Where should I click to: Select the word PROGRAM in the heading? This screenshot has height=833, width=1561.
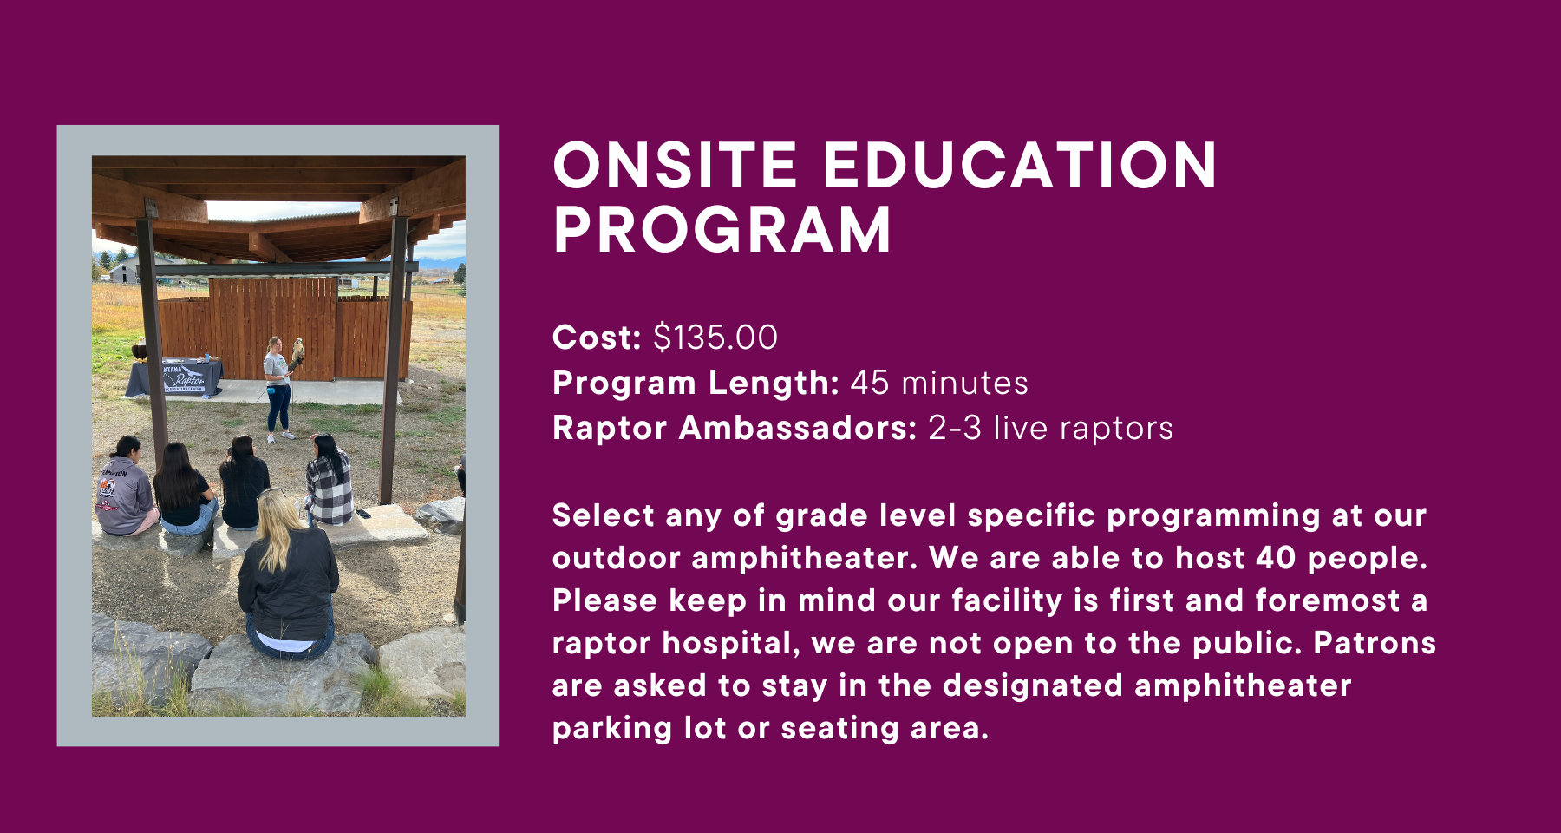pos(722,230)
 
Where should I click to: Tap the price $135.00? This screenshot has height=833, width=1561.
pos(715,338)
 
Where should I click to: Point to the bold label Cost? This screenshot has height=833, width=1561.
pos(597,338)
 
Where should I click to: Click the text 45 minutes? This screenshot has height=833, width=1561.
pos(939,383)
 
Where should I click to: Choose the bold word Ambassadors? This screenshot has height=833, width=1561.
pos(798,428)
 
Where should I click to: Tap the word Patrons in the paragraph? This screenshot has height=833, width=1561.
pos(1375,643)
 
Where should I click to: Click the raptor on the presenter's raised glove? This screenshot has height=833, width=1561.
pos(297,351)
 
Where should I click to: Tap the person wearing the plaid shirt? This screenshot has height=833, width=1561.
pos(330,482)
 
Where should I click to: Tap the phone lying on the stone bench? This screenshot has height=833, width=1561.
pos(363,514)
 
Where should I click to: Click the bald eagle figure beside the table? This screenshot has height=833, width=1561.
pos(140,349)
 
